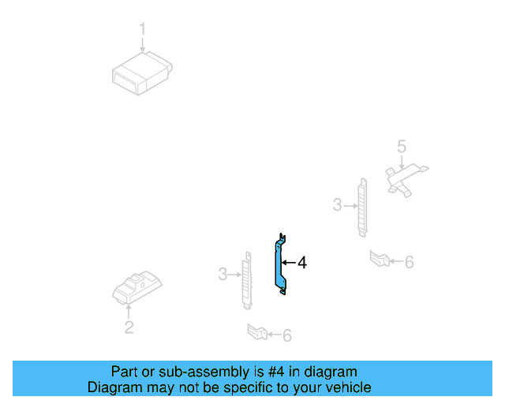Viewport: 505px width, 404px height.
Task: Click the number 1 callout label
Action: coord(143,29)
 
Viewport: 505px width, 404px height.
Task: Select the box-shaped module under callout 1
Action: coord(142,72)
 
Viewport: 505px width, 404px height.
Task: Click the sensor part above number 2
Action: coord(139,289)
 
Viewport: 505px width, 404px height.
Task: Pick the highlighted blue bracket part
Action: coord(280,265)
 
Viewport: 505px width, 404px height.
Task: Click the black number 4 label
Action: coord(301,263)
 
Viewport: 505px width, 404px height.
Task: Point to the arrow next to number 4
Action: coord(289,263)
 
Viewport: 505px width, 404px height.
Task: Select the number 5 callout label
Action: coord(402,146)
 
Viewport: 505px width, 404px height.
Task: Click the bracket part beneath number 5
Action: coord(404,178)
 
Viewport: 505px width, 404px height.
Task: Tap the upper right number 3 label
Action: coord(337,205)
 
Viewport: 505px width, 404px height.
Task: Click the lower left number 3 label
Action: coord(223,274)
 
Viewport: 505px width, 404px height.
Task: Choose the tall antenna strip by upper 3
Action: coord(362,207)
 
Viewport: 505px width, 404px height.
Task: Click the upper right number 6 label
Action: coord(409,262)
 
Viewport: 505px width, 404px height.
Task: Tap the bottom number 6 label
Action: coord(286,336)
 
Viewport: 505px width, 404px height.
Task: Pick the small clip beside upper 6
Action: coord(380,258)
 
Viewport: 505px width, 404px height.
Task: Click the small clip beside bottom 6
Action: coord(256,332)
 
